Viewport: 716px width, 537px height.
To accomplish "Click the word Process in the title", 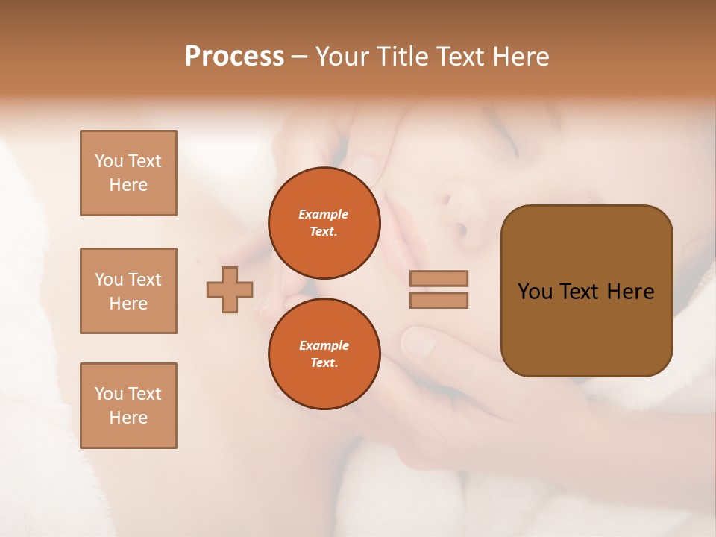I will [234, 57].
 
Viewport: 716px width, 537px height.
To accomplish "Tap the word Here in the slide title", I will [519, 57].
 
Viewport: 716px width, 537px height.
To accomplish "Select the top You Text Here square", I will [128, 173].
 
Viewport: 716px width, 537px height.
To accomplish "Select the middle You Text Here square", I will [128, 291].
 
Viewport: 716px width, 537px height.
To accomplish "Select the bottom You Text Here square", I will [128, 406].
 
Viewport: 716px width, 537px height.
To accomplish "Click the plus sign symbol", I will [230, 289].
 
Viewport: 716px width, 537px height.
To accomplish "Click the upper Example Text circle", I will [324, 223].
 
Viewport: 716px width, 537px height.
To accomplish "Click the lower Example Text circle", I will [324, 354].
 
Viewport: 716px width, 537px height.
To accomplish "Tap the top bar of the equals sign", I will [439, 278].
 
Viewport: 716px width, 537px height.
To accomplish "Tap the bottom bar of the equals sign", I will [439, 301].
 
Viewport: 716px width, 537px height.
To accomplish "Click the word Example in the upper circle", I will [323, 214].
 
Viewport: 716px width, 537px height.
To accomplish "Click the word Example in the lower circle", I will [324, 345].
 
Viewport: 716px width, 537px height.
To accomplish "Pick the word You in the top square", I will [108, 161].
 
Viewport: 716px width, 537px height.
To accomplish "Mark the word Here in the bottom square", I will [128, 418].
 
